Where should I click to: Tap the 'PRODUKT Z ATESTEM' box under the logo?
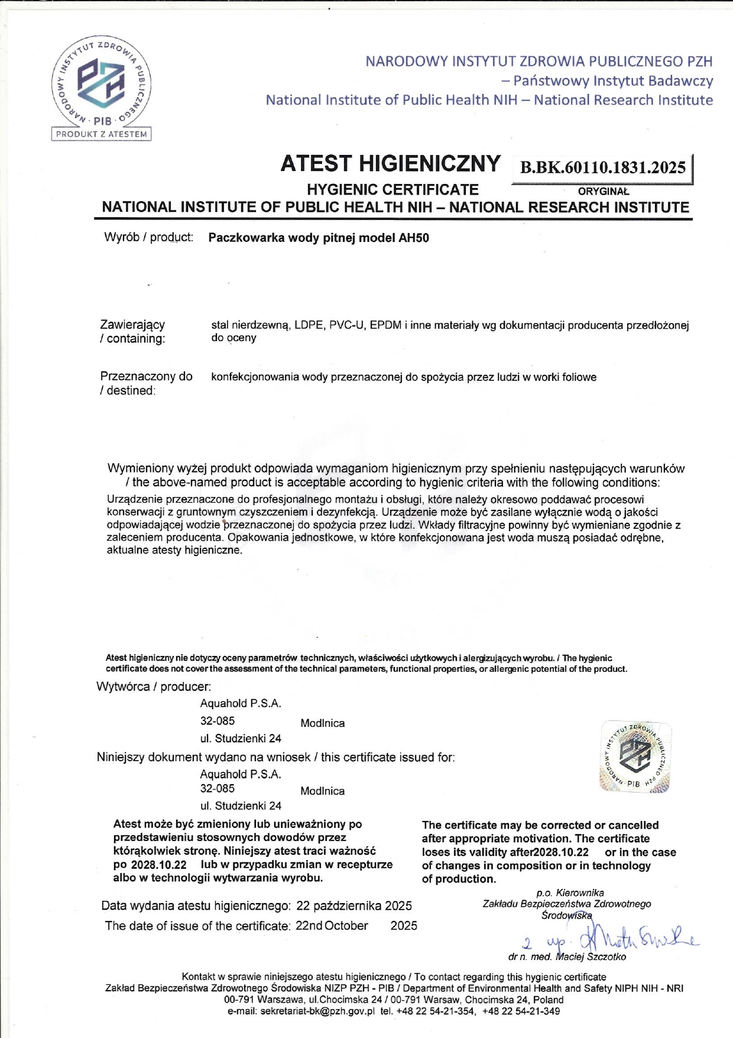coord(102,134)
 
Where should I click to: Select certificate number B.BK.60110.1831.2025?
coord(602,167)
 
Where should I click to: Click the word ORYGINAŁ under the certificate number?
coord(604,192)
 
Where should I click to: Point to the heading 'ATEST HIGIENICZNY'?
coord(390,164)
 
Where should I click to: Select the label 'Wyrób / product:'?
coord(149,238)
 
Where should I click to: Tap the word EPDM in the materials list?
coord(385,325)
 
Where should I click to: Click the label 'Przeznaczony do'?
coord(147,377)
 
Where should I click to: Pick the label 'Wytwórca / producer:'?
coord(154,687)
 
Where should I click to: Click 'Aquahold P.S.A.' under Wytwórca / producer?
coord(241,704)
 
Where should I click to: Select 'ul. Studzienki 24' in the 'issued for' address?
coord(241,806)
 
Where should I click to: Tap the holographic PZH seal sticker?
coord(635,756)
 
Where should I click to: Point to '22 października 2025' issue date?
coord(354,906)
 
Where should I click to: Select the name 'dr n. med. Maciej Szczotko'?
coord(567,957)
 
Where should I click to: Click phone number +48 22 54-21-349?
coord(521,1011)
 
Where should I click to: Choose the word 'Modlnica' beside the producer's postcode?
coord(322,723)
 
